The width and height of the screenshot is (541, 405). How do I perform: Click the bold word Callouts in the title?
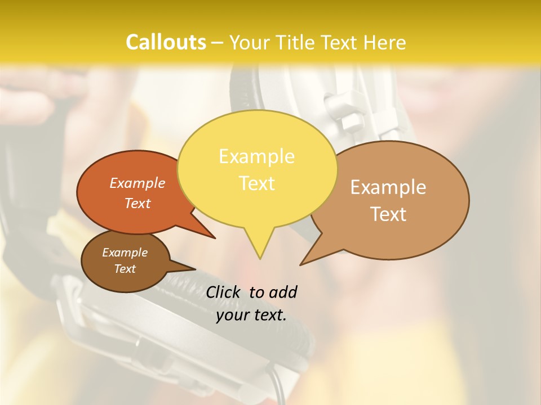[x=166, y=42]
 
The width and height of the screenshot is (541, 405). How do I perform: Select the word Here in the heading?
[x=384, y=42]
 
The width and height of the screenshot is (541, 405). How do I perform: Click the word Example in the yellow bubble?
[x=256, y=156]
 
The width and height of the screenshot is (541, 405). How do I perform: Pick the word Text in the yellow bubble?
[x=256, y=183]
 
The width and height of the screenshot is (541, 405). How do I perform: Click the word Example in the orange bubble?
[x=138, y=183]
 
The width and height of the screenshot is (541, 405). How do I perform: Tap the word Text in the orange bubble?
[x=138, y=203]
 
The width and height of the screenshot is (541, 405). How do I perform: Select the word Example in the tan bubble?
[x=388, y=187]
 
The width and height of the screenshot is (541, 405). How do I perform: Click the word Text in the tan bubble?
[x=388, y=214]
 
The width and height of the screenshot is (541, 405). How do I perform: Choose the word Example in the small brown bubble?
[x=125, y=253]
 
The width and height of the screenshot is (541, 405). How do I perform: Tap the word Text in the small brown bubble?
[x=125, y=269]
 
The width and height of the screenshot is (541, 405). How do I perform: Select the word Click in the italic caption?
[x=224, y=292]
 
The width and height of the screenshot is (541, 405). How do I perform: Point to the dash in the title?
[x=218, y=43]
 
